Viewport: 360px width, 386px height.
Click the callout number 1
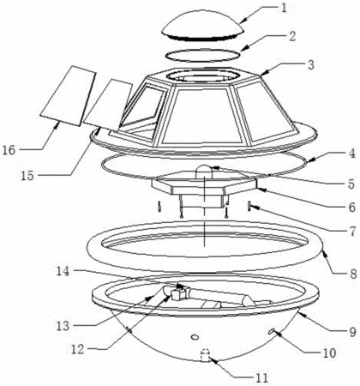pos(283,8)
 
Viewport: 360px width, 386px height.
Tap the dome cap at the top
pos(203,25)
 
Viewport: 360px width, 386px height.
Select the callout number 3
pos(310,65)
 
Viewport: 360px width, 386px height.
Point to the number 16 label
pos(9,149)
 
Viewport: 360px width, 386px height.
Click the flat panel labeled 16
pos(68,96)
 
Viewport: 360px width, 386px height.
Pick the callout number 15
pos(27,176)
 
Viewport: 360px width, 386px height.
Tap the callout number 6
pos(351,207)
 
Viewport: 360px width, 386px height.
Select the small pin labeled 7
pos(249,207)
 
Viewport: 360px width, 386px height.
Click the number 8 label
pos(353,274)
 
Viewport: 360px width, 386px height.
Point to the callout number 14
pos(63,271)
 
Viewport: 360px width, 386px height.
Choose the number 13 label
pos(63,326)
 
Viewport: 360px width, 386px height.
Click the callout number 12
pos(78,349)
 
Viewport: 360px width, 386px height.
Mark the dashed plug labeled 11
pos(205,355)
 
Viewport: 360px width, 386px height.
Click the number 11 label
pos(261,377)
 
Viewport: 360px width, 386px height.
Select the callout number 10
pos(329,353)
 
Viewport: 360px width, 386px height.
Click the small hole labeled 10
pos(271,331)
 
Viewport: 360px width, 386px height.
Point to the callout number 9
pos(353,332)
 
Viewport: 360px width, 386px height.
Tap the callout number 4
pos(351,154)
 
